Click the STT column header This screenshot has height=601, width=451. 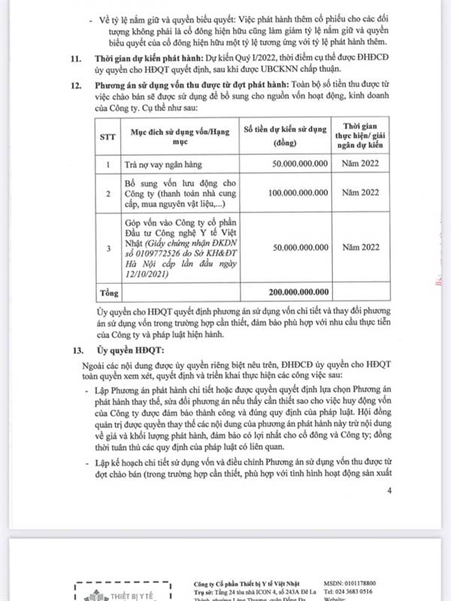[x=107, y=137]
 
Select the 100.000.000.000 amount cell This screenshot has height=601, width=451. [x=298, y=193]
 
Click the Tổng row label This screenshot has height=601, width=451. [x=110, y=291]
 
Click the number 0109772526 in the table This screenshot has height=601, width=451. [x=157, y=256]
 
